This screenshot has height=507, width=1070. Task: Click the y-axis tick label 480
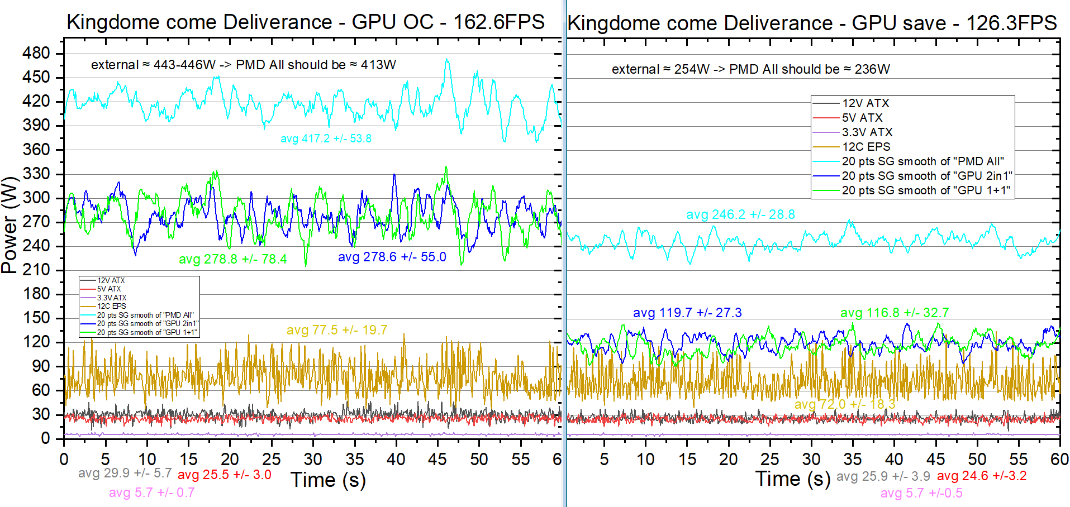36,53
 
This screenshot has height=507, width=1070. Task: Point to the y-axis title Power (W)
9,225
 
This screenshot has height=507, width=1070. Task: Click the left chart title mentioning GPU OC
306,22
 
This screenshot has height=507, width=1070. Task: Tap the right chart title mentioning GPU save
812,23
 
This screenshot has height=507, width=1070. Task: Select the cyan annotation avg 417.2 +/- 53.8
326,138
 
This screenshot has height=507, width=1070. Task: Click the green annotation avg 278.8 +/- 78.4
232,259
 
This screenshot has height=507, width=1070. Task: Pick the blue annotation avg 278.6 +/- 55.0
392,257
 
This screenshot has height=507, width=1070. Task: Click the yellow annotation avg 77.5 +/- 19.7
337,330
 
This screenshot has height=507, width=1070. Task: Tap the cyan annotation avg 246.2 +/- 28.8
740,214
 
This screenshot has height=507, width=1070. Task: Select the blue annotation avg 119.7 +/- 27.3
687,313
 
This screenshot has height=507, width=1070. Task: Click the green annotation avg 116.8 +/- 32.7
895,313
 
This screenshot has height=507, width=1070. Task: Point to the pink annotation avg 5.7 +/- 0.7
151,492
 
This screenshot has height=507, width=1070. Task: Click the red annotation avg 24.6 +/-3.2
982,476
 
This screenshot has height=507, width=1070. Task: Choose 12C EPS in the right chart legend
866,147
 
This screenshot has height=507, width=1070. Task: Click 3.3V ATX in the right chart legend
867,132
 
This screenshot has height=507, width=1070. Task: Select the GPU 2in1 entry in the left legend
148,323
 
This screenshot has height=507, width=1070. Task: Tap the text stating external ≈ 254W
750,69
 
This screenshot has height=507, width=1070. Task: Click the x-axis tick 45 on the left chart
437,459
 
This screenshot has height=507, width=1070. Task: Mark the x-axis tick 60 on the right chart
1059,459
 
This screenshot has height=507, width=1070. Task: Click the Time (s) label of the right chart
792,479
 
